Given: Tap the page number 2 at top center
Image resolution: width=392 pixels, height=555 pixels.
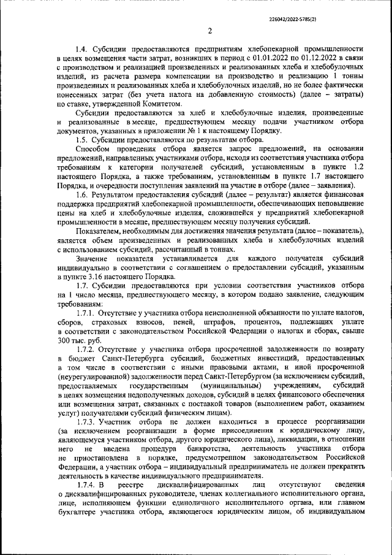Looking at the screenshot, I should (x=209, y=32).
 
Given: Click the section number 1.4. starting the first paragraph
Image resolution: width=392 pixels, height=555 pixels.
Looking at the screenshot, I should (x=83, y=49).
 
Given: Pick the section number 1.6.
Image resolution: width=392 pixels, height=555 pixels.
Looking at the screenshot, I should (x=83, y=194).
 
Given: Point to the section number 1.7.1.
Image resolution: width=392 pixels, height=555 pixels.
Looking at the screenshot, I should (x=86, y=313).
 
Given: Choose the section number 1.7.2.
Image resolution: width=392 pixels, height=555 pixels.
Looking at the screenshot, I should (x=86, y=349).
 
